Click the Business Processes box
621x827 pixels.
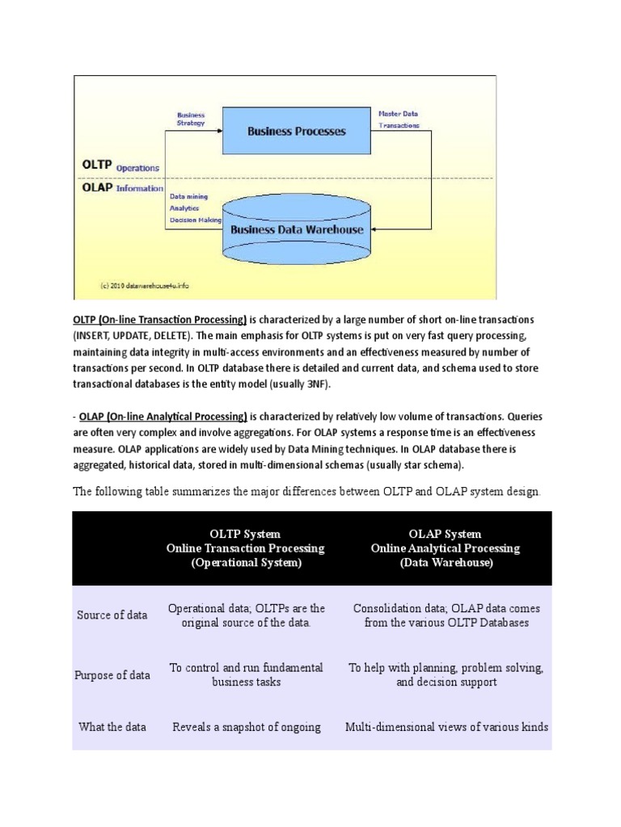296,131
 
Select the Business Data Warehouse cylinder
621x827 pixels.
297,229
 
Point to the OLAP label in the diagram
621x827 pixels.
95,188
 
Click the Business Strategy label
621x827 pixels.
191,119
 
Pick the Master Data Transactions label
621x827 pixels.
399,120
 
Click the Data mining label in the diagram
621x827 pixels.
188,195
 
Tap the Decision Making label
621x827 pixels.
195,220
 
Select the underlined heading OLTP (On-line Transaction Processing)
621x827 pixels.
160,320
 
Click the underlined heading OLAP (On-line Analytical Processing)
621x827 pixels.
163,417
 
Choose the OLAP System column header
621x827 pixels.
446,548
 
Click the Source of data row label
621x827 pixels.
112,615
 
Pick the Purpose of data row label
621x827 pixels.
112,675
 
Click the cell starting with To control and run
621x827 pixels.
246,675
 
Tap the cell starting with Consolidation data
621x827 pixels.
446,615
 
